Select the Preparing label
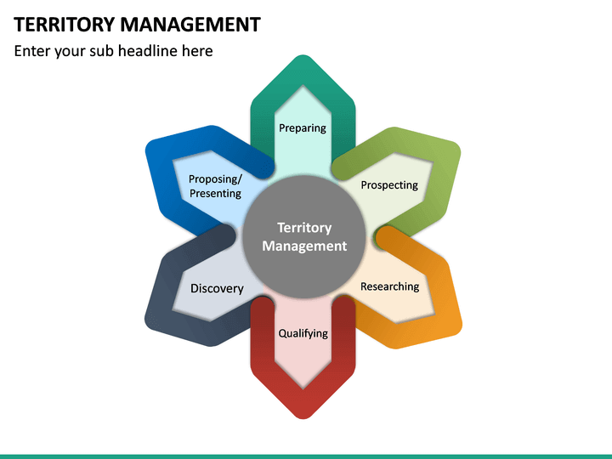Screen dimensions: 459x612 point(303,128)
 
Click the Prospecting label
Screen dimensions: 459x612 point(389,185)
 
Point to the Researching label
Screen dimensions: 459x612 point(389,286)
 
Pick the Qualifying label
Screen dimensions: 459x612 point(303,333)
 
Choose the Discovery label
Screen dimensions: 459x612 point(217,289)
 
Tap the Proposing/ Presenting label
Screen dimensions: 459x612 point(215,186)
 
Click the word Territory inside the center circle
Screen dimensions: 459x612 point(304,228)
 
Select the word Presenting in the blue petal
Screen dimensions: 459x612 point(215,194)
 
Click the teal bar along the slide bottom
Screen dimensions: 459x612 point(306,456)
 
